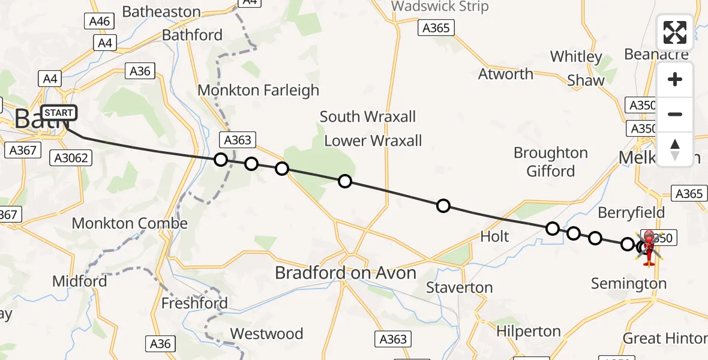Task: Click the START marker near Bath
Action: [59, 112]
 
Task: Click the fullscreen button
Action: [675, 32]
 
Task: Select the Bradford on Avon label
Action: [345, 273]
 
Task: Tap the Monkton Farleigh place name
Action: [258, 91]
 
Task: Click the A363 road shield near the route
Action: [238, 140]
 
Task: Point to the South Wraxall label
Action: [367, 116]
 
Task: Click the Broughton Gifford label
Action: [550, 162]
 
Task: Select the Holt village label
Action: [494, 236]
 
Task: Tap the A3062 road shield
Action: [71, 158]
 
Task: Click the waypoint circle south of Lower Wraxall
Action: [344, 181]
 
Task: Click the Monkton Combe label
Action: [130, 224]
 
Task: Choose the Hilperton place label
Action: [528, 331]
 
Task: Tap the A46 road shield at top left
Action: [99, 22]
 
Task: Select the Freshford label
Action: [194, 303]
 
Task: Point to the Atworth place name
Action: [505, 74]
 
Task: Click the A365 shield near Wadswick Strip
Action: [436, 28]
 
